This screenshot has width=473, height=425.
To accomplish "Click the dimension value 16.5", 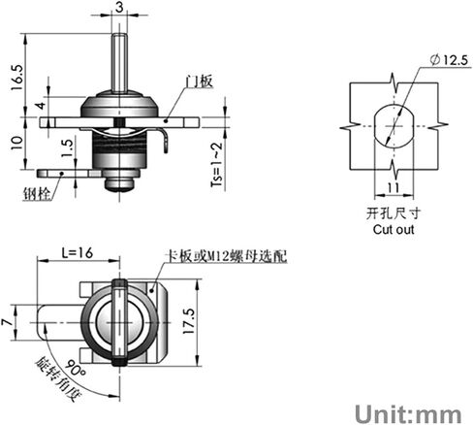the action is coord(17,78).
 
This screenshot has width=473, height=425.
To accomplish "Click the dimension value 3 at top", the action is coord(119,7).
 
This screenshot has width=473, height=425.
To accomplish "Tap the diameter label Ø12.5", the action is coord(449,60).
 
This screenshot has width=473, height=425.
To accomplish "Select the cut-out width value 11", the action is coord(394,187).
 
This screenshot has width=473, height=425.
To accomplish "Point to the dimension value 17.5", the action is coord(189,321).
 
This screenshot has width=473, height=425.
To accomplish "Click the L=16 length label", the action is coord(78,252).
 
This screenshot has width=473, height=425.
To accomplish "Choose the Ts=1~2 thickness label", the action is coord(217,164).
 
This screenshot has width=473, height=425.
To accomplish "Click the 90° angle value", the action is coord(75,369).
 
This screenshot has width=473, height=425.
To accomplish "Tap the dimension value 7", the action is coord(6,322).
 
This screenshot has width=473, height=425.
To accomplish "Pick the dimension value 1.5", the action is coord(68,148).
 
